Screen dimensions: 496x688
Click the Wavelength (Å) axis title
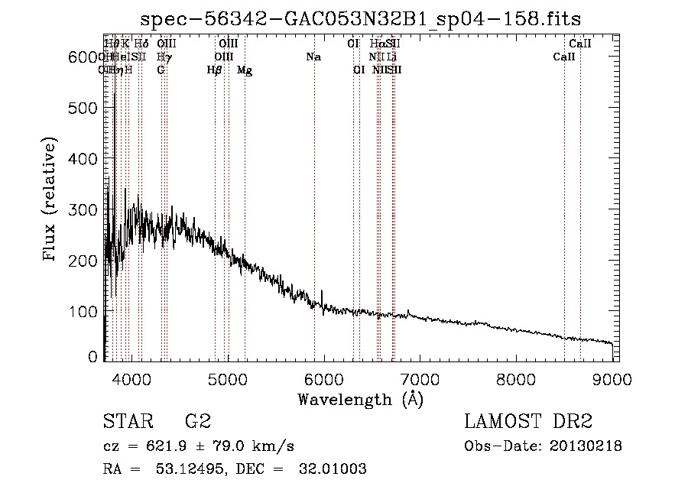coord(360,399)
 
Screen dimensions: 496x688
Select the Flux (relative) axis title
coord(51,200)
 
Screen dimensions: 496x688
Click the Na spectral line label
coord(313,57)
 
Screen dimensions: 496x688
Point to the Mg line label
coord(245,70)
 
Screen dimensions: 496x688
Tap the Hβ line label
coord(215,70)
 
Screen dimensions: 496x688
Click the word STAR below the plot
coord(126,422)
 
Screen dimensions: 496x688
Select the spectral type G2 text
coord(197,422)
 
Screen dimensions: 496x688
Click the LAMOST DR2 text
coord(528,422)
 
